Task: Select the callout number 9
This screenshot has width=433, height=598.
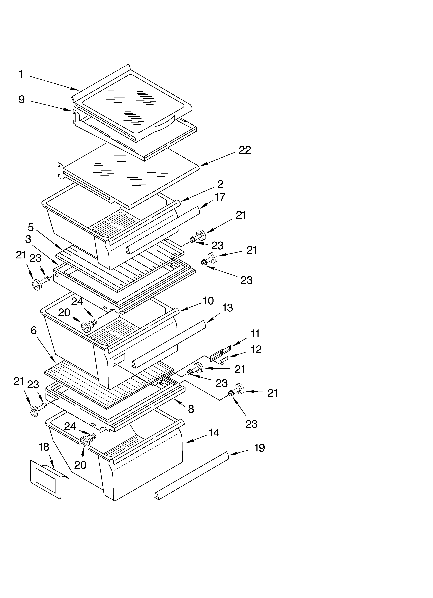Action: click(x=22, y=100)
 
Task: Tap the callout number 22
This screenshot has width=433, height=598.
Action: click(x=245, y=150)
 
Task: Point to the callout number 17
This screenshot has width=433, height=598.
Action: click(x=220, y=197)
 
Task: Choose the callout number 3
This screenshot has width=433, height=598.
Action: click(x=28, y=239)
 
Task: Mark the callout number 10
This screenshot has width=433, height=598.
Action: click(x=208, y=301)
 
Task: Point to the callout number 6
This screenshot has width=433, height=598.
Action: click(x=33, y=330)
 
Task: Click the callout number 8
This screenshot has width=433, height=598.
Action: click(x=191, y=409)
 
